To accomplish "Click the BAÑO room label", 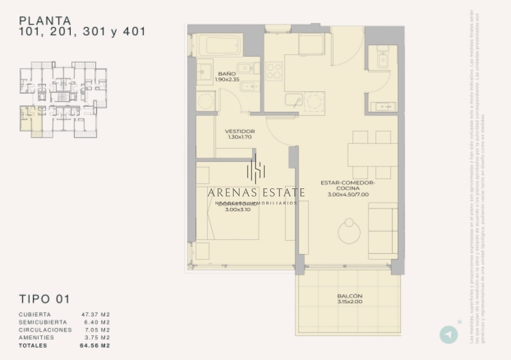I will (227, 73).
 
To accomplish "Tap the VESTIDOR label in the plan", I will (240, 131).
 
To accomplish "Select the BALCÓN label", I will (349, 296).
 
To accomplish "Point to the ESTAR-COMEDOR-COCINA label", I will (347, 185).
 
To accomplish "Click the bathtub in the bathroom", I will (219, 44).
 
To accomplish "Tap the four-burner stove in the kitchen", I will (274, 71).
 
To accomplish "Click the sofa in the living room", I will (383, 230).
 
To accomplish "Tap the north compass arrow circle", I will (448, 334).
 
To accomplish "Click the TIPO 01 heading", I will (44, 299).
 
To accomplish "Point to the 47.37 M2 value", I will (95, 315).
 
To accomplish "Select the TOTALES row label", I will (33, 346).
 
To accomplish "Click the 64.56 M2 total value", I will (95, 346).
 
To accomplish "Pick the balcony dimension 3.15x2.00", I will (349, 302).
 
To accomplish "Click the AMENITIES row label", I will (36, 337).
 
